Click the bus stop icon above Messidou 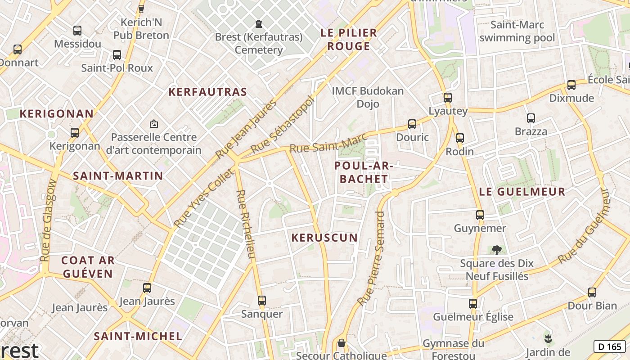tap(77, 31)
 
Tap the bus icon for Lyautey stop tap(447, 97)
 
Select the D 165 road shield tap(609, 346)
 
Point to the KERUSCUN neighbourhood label tap(324, 238)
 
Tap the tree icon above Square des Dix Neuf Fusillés tap(496, 250)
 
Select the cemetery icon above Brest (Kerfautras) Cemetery tap(258, 23)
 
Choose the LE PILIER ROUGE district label tap(348, 40)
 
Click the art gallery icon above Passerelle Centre tap(154, 123)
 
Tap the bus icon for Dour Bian tap(592, 292)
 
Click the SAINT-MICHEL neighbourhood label tap(138, 336)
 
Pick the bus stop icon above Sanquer tap(262, 300)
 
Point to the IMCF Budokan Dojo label tap(368, 97)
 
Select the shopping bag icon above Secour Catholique tap(342, 343)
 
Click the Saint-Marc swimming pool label tap(517, 31)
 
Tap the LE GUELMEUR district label tap(522, 192)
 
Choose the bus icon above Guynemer tap(480, 215)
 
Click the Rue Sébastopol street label tap(281, 124)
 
